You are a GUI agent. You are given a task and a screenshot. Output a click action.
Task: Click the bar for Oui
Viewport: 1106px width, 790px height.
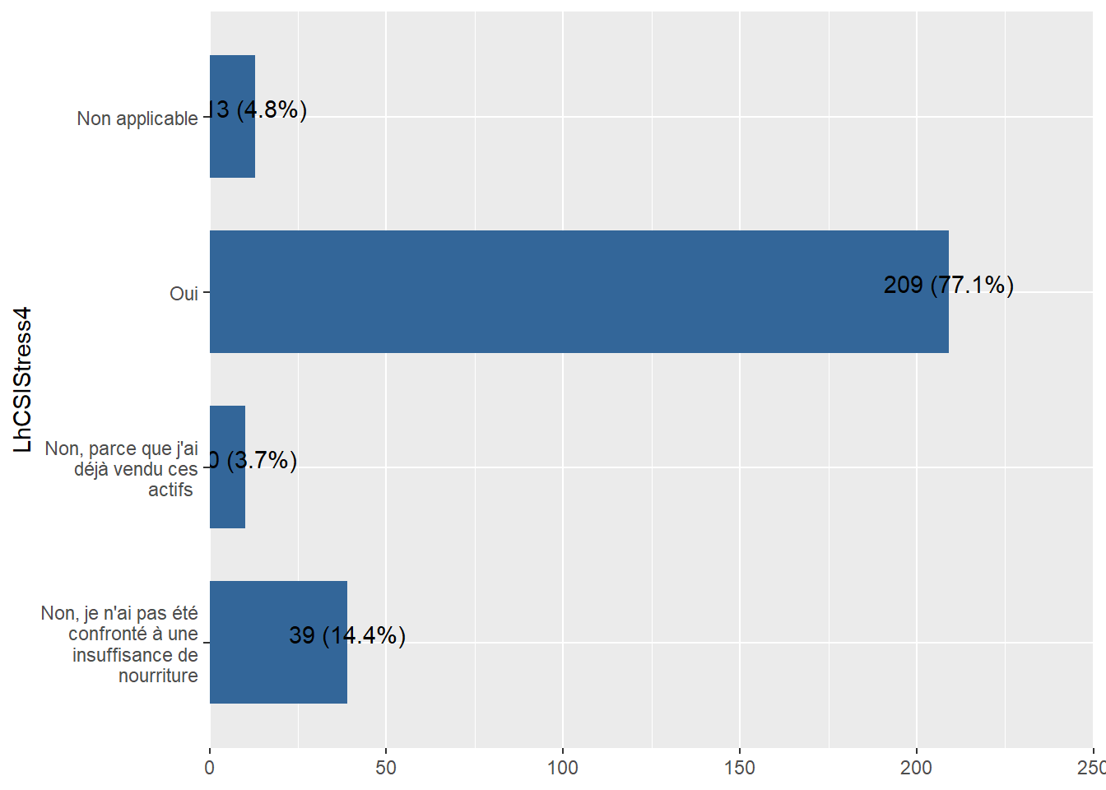coord(579,291)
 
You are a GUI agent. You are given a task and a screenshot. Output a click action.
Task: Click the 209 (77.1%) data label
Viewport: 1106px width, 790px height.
coord(948,285)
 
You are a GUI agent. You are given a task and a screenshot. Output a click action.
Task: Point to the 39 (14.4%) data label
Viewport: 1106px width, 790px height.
coord(347,635)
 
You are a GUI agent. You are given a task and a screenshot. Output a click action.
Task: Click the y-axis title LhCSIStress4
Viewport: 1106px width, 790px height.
coord(23,379)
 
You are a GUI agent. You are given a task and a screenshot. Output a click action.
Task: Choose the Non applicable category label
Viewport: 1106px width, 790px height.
coord(137,118)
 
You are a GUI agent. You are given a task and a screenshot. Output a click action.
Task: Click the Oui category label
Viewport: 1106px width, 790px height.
coord(184,294)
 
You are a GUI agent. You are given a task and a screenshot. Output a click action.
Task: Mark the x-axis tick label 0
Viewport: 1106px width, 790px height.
coord(210,768)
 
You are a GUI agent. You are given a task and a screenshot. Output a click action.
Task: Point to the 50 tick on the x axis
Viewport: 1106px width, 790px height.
coord(386,768)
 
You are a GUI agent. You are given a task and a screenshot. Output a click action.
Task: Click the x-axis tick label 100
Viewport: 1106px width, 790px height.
coord(563,768)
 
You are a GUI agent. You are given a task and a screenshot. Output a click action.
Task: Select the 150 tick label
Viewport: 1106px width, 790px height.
coord(740,768)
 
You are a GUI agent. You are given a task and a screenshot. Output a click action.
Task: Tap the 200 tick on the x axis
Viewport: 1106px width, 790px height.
coord(916,768)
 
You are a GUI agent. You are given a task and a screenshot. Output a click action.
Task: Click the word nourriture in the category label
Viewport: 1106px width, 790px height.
coord(158,676)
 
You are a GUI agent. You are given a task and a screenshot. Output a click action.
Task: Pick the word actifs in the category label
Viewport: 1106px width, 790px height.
coord(170,490)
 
